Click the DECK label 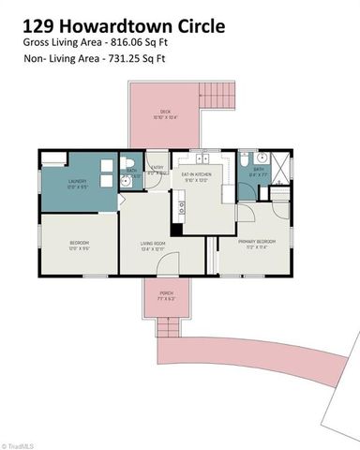tap(164, 112)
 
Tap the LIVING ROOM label tap(152, 246)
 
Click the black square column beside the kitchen tap(176, 229)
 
